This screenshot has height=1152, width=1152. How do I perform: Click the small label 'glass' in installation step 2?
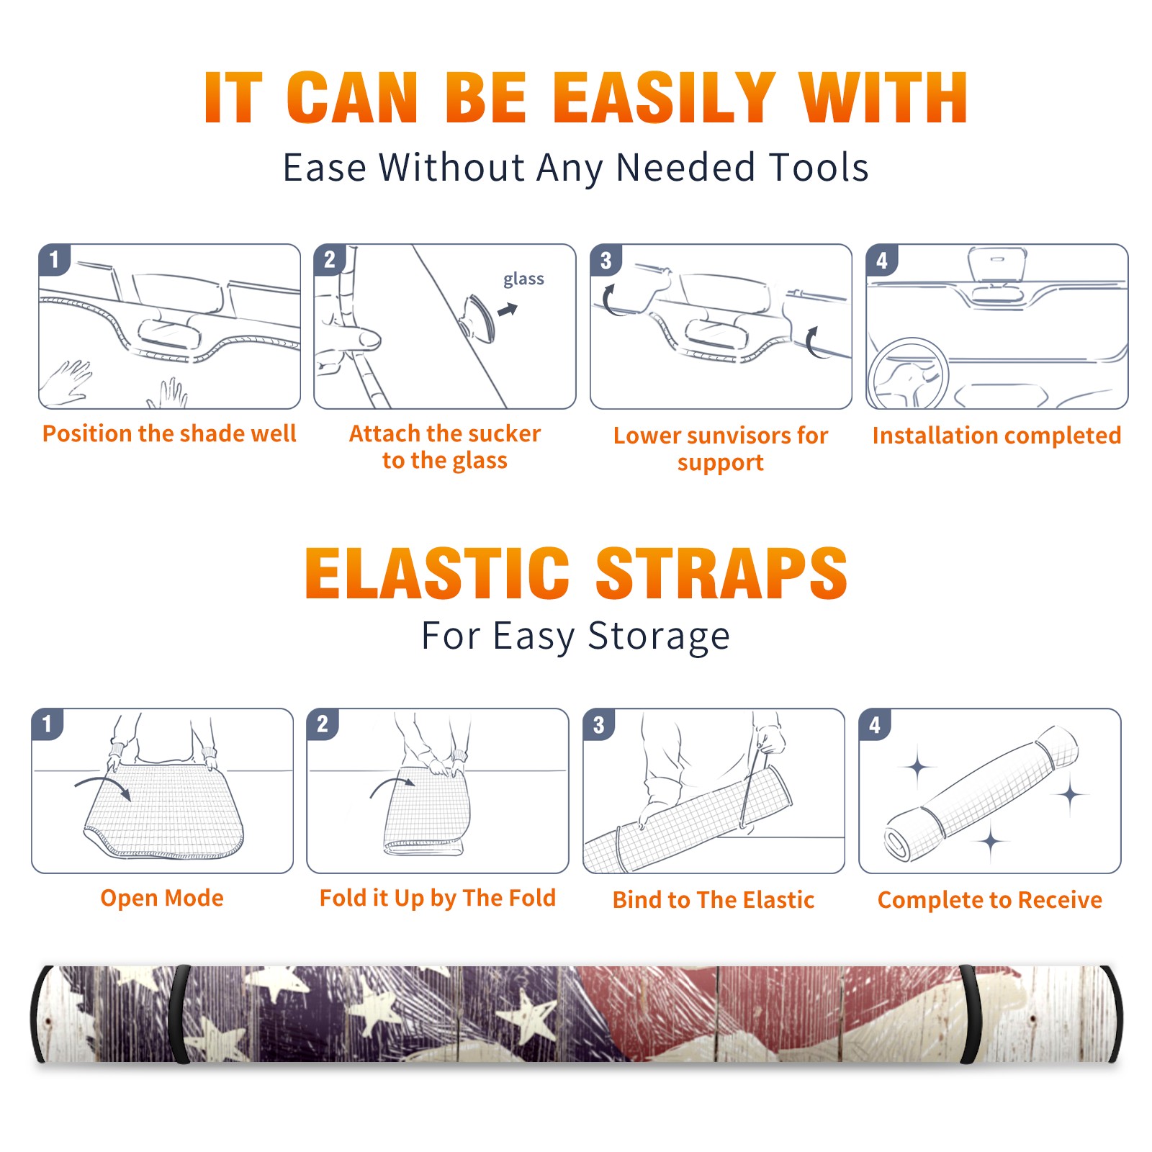(523, 279)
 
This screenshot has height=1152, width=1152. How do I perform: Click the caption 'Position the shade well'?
(169, 433)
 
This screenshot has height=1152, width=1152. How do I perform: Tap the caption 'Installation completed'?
(996, 436)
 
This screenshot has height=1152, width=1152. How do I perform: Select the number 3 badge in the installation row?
(606, 260)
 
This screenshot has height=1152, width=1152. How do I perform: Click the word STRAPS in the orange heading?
(721, 573)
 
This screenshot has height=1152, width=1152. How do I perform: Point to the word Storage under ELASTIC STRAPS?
(659, 636)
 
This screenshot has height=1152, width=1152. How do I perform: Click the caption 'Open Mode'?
(162, 898)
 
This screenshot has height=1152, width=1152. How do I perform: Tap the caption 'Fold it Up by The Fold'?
(438, 899)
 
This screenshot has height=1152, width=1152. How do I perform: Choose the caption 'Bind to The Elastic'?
(714, 900)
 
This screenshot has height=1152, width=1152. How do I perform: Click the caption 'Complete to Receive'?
(990, 900)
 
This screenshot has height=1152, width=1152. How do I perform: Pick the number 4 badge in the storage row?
(875, 724)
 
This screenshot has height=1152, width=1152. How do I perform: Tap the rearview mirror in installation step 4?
(996, 264)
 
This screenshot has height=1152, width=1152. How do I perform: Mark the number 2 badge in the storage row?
(323, 724)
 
